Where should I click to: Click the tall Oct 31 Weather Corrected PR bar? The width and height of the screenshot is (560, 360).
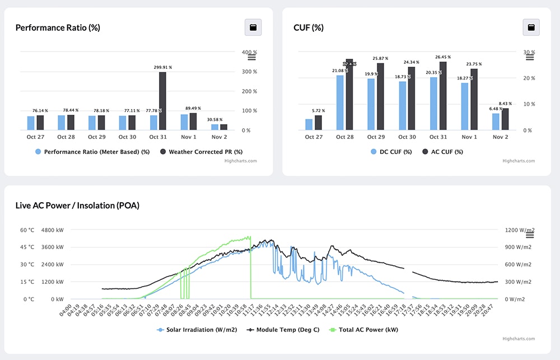coord(162,101)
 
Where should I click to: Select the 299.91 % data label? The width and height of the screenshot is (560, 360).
coord(162,67)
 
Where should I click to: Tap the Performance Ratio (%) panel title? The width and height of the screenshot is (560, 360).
coord(58,27)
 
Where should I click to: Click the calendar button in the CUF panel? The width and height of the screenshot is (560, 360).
coord(531,27)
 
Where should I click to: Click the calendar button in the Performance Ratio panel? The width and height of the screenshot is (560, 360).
coord(253,27)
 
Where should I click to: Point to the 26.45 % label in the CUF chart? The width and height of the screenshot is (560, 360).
coord(442,57)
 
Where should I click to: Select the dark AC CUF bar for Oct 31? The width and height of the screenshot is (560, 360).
coord(442,96)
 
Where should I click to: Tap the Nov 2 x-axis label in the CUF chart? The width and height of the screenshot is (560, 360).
coord(500,137)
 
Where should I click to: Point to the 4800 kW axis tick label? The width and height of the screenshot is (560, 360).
coord(52,230)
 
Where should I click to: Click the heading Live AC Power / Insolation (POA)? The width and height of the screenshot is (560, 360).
coord(77,205)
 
